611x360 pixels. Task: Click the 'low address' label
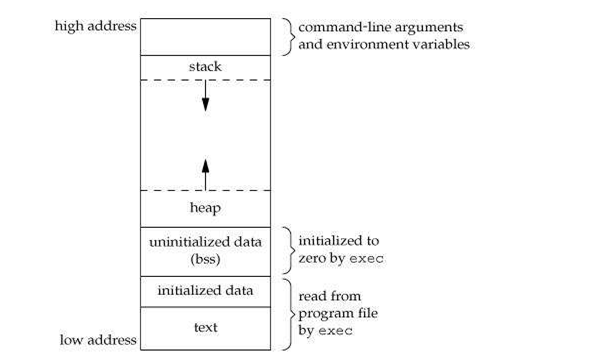(x=97, y=340)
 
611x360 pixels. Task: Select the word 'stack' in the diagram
(x=205, y=67)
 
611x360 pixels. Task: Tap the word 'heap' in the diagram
(x=205, y=208)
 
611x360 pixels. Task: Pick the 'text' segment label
(x=205, y=326)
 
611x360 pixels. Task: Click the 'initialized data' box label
(x=205, y=290)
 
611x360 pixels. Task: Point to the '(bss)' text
(x=205, y=258)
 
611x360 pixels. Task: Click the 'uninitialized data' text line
(x=205, y=242)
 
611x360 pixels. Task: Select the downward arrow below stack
(x=205, y=96)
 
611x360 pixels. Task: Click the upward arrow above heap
(x=205, y=172)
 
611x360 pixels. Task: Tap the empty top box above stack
(x=205, y=36)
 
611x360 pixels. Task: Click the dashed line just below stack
(x=205, y=80)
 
